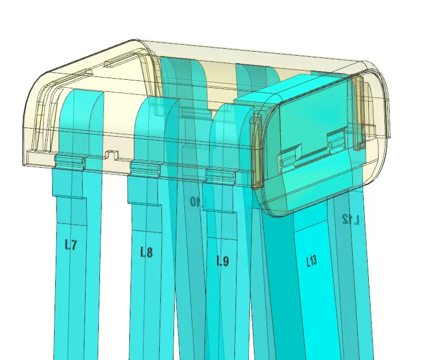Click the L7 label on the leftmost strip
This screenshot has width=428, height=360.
click(x=71, y=245)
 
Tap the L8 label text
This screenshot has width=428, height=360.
click(x=146, y=251)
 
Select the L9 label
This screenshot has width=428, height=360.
click(x=223, y=261)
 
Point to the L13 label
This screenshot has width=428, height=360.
click(x=311, y=262)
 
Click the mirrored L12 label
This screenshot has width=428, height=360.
click(x=350, y=219)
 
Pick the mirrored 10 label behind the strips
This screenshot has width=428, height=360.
click(x=196, y=202)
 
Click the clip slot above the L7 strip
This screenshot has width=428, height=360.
click(x=70, y=162)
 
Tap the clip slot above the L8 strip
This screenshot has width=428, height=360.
click(x=145, y=168)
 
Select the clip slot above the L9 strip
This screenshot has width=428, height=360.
click(x=221, y=175)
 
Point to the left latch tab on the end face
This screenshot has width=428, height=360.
click(x=289, y=157)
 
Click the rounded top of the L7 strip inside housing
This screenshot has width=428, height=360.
click(x=82, y=95)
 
